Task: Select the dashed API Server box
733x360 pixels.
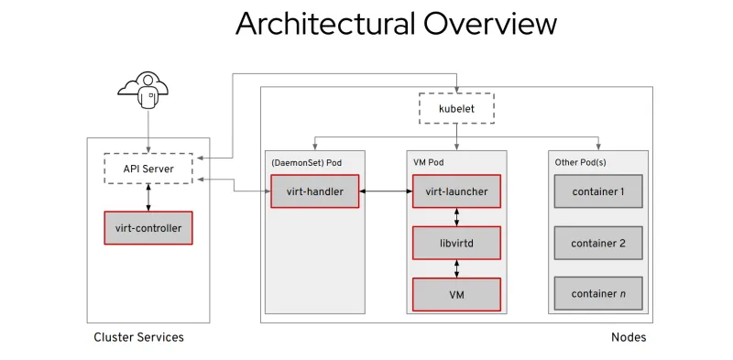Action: tap(148, 169)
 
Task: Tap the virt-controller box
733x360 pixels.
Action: tap(148, 227)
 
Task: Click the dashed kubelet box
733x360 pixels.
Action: tap(456, 108)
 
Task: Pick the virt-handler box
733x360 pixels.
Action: tap(314, 191)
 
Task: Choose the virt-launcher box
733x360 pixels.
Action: tap(456, 191)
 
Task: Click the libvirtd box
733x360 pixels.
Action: tap(456, 243)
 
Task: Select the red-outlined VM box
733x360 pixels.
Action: tap(456, 294)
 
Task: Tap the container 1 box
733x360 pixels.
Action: tap(597, 191)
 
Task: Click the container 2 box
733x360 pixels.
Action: tap(597, 243)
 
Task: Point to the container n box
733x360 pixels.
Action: tap(597, 293)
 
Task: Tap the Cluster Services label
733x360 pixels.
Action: tap(138, 337)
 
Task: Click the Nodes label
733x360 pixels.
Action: tap(628, 337)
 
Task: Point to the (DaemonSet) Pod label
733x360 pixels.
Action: tap(304, 162)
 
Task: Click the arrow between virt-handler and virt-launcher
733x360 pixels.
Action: tap(385, 191)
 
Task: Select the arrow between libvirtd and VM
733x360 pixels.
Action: tap(456, 268)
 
